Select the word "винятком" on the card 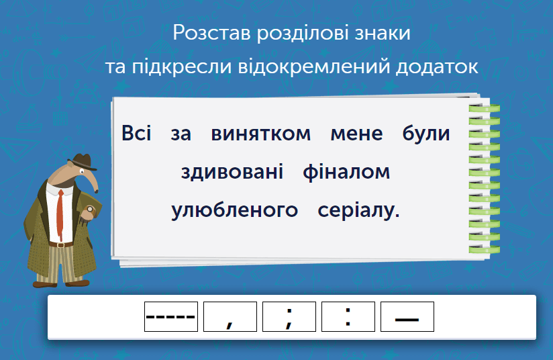click(x=261, y=134)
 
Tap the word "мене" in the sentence click(x=356, y=134)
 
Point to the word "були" click(x=426, y=134)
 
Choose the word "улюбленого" click(x=235, y=211)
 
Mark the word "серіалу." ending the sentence click(x=358, y=211)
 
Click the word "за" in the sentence click(x=181, y=134)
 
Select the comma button click(x=230, y=317)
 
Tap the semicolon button click(x=289, y=317)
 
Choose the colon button click(x=348, y=317)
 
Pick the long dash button click(x=407, y=317)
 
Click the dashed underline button click(x=171, y=317)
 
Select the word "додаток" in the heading click(x=439, y=66)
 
